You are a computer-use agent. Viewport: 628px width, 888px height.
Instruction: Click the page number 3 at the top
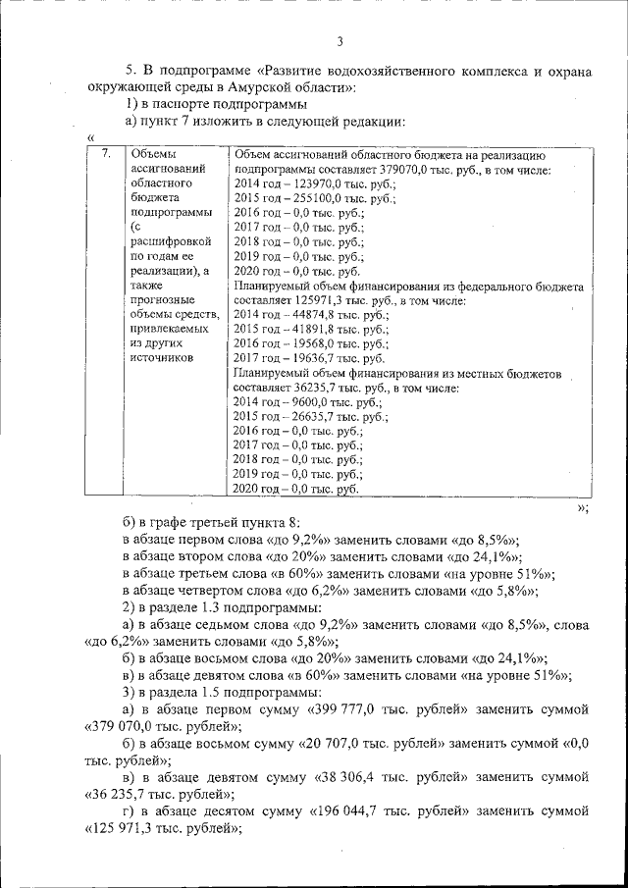(x=339, y=41)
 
